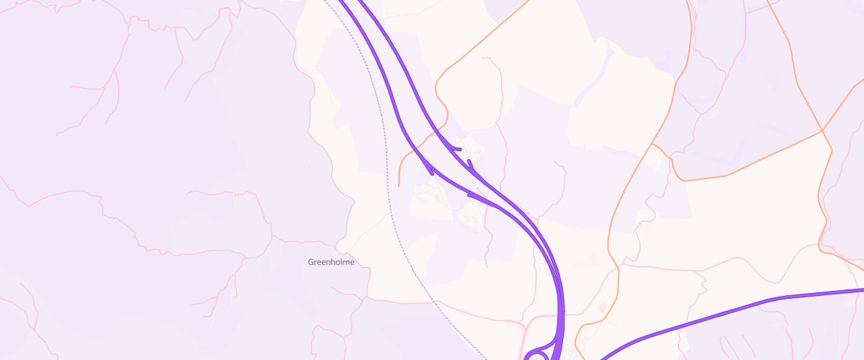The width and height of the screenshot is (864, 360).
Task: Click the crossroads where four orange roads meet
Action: pyautogui.click(x=822, y=131)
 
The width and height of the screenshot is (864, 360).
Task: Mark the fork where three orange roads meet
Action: pyautogui.click(x=652, y=144)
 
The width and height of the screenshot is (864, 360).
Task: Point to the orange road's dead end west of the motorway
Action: pyautogui.click(x=399, y=186)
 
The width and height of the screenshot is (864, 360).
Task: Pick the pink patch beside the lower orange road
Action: pyautogui.click(x=603, y=308)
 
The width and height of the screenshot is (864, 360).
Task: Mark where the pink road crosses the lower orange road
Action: pyautogui.click(x=617, y=269)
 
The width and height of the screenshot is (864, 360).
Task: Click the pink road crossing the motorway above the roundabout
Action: pyautogui.click(x=562, y=314)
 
